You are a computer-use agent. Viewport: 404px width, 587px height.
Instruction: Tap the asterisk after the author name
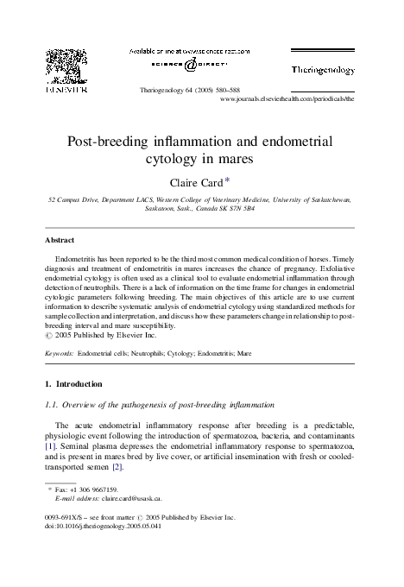coord(228,180)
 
